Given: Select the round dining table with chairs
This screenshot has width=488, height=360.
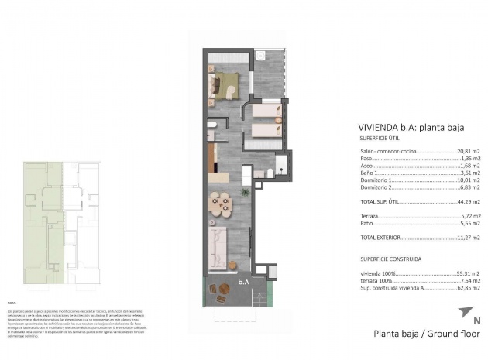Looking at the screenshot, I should pyautogui.click(x=222, y=204).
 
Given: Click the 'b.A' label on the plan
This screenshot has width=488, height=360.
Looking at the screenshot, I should pyautogui.click(x=243, y=283).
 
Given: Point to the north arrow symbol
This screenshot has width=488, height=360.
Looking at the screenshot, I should pyautogui.click(x=464, y=312).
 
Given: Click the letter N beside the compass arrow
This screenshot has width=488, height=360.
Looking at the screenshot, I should pyautogui.click(x=476, y=319).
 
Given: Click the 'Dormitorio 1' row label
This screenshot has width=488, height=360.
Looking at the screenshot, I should pyautogui.click(x=377, y=180).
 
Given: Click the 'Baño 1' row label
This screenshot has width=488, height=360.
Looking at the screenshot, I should pyautogui.click(x=371, y=173).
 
